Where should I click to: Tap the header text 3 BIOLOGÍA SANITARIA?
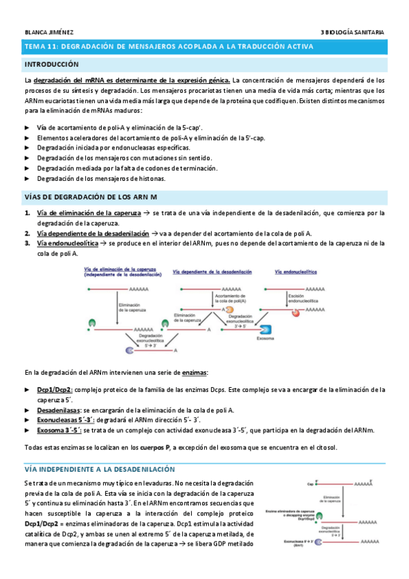tap(352, 31)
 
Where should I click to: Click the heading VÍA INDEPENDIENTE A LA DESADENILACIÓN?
tap(100, 470)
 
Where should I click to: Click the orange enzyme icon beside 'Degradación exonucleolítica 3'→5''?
tap(230, 309)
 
